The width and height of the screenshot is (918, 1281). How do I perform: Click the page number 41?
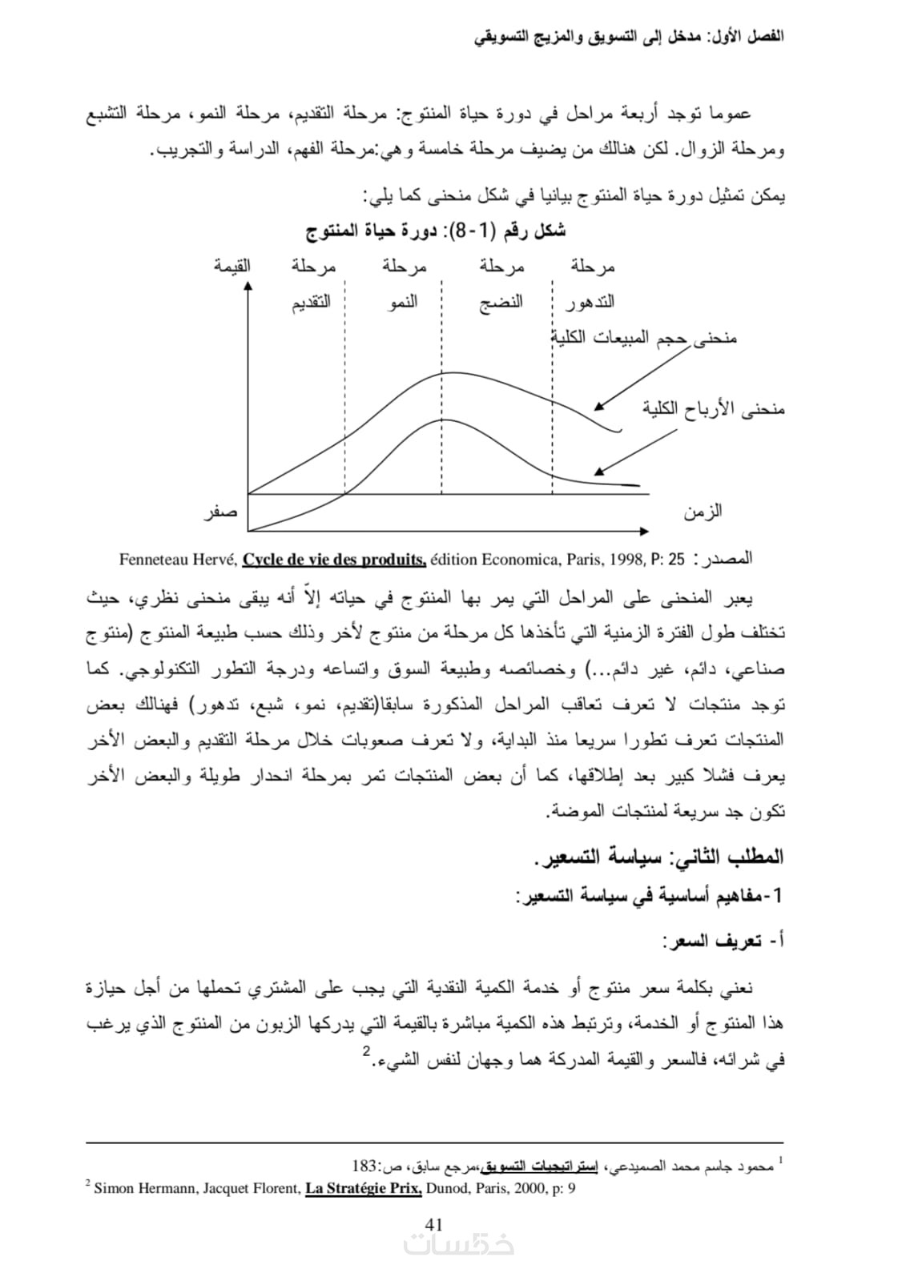pyautogui.click(x=434, y=1224)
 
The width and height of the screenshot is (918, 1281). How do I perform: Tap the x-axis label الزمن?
pyautogui.click(x=703, y=511)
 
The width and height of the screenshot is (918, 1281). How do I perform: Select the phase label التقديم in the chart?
pyautogui.click(x=310, y=303)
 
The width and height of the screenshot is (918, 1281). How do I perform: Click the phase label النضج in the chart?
pyautogui.click(x=501, y=303)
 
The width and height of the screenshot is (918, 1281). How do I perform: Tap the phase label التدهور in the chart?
pyautogui.click(x=590, y=303)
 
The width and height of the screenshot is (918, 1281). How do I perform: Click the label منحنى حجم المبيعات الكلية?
pyautogui.click(x=645, y=339)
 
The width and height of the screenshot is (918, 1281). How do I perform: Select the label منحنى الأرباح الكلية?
pyautogui.click(x=713, y=409)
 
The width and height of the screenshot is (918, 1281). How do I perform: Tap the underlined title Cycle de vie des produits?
pyautogui.click(x=334, y=559)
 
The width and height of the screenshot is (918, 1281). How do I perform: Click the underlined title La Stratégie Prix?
pyautogui.click(x=364, y=1188)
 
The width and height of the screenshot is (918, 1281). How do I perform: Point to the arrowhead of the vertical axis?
pyautogui.click(x=248, y=286)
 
